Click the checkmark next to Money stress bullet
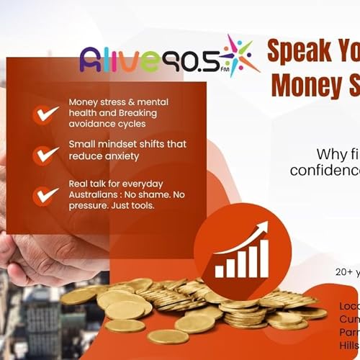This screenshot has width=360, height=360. [x=47, y=113]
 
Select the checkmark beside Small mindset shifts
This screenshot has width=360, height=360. [x=47, y=154]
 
